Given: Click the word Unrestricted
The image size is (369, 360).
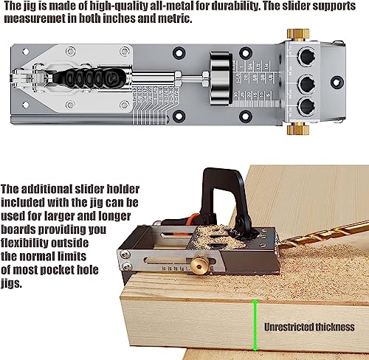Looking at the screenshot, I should (x=289, y=327).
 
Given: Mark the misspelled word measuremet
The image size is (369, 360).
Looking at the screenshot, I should (x=35, y=20).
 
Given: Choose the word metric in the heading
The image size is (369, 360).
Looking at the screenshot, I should (x=173, y=20).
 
